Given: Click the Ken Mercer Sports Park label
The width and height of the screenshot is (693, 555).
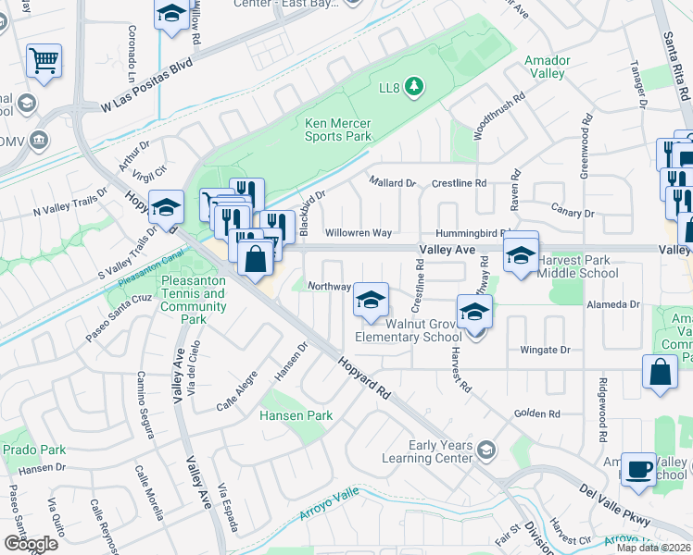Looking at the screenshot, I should [338, 129].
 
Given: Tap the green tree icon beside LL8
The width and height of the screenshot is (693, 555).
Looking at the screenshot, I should [415, 88].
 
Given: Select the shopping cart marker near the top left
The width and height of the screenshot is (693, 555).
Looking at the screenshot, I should [44, 61].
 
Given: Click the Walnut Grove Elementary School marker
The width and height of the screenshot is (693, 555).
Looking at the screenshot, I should [371, 302].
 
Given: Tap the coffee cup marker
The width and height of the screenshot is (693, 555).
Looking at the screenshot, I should [638, 468].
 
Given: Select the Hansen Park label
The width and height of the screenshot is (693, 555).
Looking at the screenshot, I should [296, 416].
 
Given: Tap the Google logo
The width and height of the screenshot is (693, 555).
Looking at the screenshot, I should [31, 544].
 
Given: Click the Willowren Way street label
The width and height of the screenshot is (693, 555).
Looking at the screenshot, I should [358, 233].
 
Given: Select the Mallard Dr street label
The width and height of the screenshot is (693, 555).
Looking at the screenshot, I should [393, 183].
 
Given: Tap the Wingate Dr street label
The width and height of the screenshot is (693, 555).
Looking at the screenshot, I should [545, 351].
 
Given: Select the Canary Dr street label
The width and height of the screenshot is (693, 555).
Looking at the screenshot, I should [571, 214].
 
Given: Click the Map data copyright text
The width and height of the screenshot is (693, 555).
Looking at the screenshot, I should [653, 548].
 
